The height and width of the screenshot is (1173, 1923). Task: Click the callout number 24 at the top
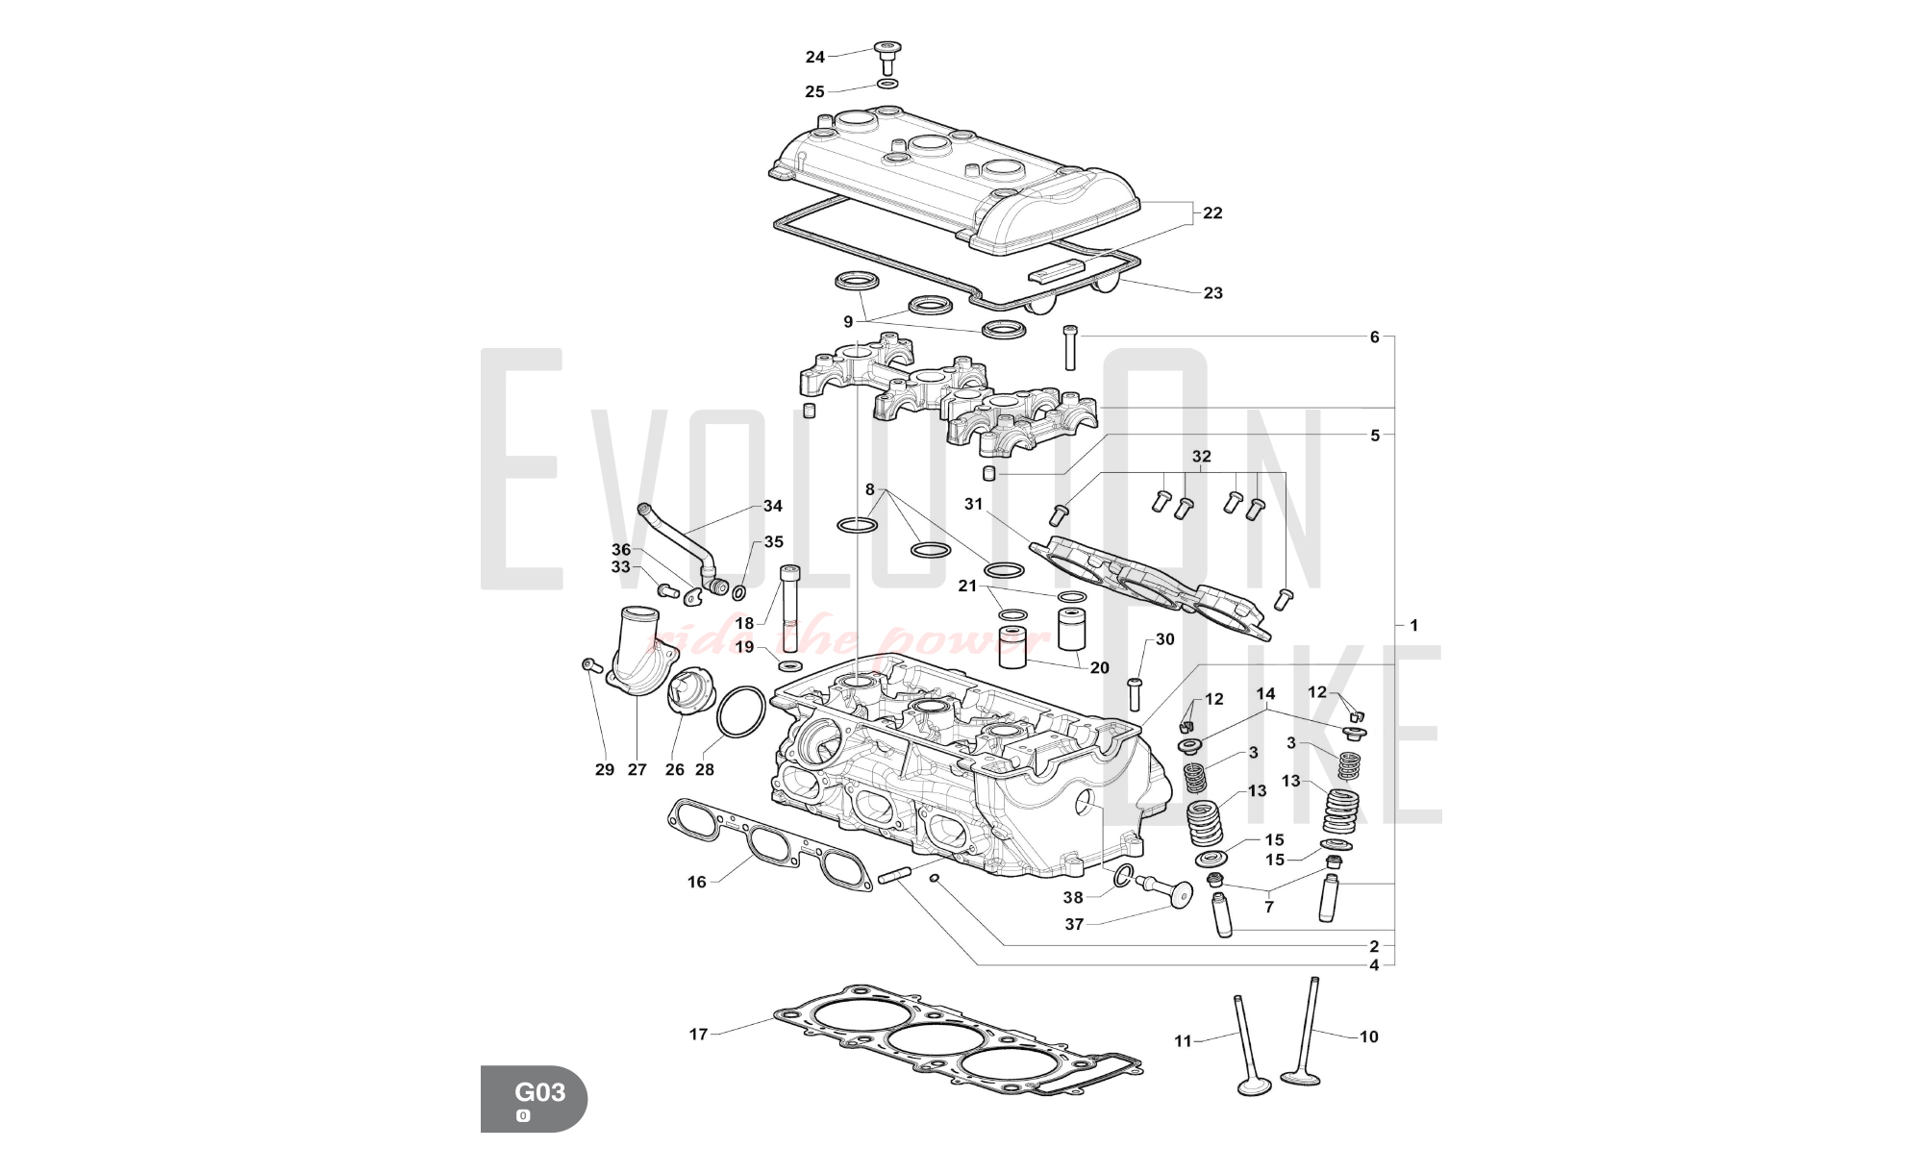(x=814, y=58)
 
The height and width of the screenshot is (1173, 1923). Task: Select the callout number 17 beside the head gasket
(x=698, y=1035)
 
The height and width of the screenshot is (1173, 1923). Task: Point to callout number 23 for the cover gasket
(x=1213, y=292)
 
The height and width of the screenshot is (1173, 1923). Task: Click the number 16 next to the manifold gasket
(x=696, y=882)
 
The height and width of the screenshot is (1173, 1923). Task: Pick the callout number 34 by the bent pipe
(x=773, y=506)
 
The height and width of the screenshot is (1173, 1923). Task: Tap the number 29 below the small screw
(x=604, y=769)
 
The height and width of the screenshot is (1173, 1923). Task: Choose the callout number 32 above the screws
(x=1201, y=456)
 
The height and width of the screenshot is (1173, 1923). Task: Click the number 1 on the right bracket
(x=1413, y=625)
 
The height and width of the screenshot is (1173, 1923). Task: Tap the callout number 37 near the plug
(x=1074, y=924)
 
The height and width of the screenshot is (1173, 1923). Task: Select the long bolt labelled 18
(x=790, y=607)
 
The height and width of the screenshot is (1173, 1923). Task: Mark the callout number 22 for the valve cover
(x=1212, y=212)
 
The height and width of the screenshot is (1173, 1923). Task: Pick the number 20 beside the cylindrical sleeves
(x=1099, y=667)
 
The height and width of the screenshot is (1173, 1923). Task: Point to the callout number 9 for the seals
(x=848, y=322)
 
